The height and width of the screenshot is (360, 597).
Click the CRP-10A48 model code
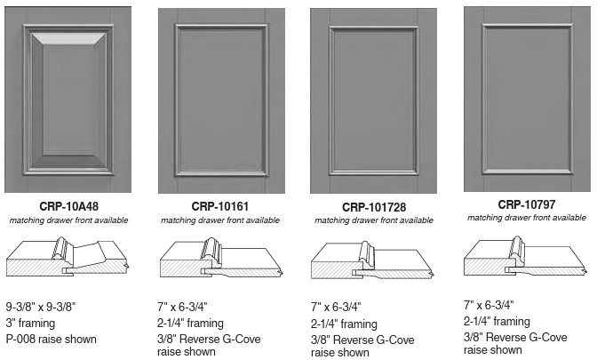pyautogui.click(x=69, y=206)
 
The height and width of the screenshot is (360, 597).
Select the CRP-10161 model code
pyautogui.click(x=220, y=206)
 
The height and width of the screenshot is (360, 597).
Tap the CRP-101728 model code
pyautogui.click(x=374, y=207)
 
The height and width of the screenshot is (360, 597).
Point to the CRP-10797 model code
pyautogui.click(x=527, y=204)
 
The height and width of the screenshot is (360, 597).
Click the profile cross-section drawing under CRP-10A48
pyautogui.click(x=68, y=257)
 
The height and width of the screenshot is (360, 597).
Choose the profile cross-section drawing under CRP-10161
pyautogui.click(x=221, y=258)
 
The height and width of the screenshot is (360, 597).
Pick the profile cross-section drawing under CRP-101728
pyautogui.click(x=373, y=260)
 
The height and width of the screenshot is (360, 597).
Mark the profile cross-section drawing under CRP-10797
pyautogui.click(x=526, y=256)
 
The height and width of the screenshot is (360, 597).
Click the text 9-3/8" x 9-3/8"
pyautogui.click(x=41, y=307)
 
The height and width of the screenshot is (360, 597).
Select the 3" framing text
pyautogui.click(x=30, y=324)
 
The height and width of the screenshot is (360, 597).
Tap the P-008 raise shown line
pyautogui.click(x=51, y=339)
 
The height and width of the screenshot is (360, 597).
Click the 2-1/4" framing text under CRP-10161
pyautogui.click(x=190, y=324)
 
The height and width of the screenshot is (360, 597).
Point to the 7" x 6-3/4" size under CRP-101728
pyautogui.click(x=336, y=307)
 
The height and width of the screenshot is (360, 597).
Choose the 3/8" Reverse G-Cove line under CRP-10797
pyautogui.click(x=515, y=337)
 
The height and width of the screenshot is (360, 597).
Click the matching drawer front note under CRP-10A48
pyautogui.click(x=69, y=220)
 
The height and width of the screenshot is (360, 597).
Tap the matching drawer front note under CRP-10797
pyautogui.click(x=527, y=218)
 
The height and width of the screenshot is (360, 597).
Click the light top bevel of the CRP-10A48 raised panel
pyautogui.click(x=68, y=39)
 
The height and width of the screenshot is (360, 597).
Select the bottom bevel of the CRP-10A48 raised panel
pyautogui.click(x=68, y=162)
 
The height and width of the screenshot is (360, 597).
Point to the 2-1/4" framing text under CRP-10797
pyautogui.click(x=497, y=322)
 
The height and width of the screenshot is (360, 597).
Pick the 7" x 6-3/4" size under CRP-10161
pyautogui.click(x=182, y=307)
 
